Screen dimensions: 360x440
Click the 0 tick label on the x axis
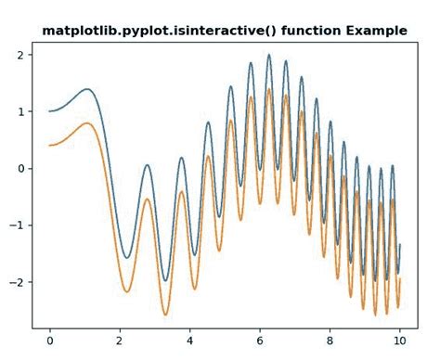(x=50, y=341)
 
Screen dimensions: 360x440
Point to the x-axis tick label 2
(x=120, y=341)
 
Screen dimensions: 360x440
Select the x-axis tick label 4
(x=189, y=341)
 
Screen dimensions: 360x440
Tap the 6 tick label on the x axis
(x=260, y=341)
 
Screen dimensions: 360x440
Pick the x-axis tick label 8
(x=330, y=341)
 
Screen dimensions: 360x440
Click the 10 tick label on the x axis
(x=399, y=341)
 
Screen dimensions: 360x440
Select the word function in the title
(x=310, y=31)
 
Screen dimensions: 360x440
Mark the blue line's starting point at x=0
(x=50, y=111)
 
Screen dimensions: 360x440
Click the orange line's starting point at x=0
(x=50, y=145)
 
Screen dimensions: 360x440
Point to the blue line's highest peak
(x=269, y=55)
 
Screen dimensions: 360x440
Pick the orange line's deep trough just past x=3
(x=165, y=315)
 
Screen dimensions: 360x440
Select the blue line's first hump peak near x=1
(x=86, y=89)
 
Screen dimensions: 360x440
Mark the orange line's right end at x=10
(x=399, y=277)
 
